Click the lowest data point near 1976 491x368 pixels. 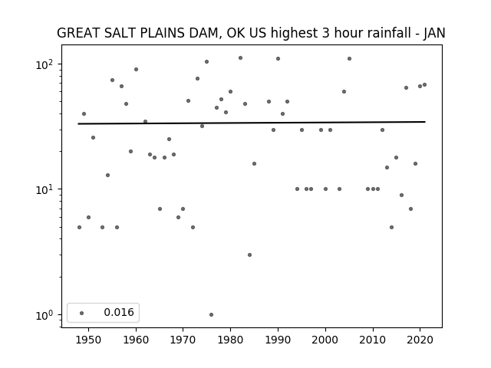[x=212, y=314]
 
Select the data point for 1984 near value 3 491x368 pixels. [x=249, y=255]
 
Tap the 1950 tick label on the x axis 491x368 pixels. [x=89, y=340]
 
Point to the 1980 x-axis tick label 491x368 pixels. [x=230, y=340]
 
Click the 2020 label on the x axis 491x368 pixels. [x=420, y=340]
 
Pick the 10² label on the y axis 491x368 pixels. [x=44, y=64]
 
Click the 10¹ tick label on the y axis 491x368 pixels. [x=44, y=189]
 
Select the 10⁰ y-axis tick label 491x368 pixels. [x=44, y=315]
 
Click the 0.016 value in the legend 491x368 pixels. [x=119, y=312]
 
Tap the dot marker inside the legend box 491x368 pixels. [x=82, y=313]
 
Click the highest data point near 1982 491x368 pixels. [x=240, y=58]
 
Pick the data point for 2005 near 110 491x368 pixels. [x=350, y=58]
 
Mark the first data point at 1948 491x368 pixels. [x=79, y=227]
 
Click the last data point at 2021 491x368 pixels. [x=424, y=84]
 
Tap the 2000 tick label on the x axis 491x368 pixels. [x=325, y=340]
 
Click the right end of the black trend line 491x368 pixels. [x=425, y=122]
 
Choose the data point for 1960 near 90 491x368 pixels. [x=136, y=69]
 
